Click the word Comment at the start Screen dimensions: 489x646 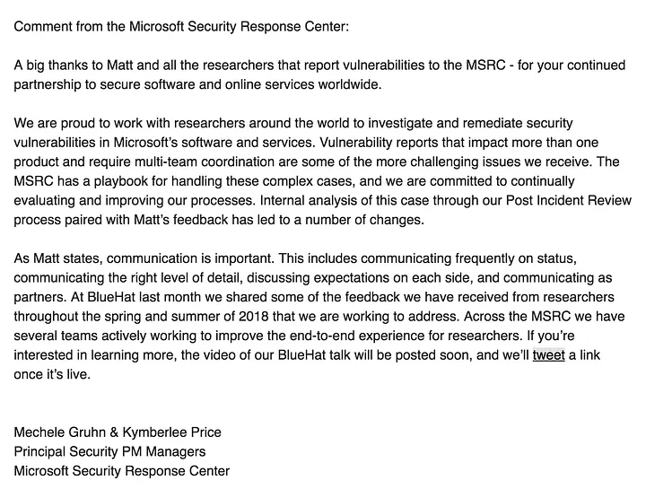(x=43, y=26)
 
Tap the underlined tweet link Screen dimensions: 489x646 (x=548, y=355)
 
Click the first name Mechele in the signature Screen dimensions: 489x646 (x=42, y=432)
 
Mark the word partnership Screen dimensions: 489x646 (x=50, y=84)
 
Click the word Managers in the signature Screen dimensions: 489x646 (x=179, y=451)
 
